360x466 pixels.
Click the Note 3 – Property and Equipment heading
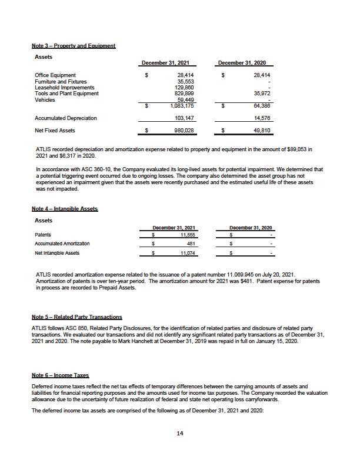74,46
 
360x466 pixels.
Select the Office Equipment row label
55,75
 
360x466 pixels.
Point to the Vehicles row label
46,99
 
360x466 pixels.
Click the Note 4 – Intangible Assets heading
65,209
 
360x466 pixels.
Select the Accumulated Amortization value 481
191,244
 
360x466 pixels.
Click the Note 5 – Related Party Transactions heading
76,317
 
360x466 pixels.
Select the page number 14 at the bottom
180,434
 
